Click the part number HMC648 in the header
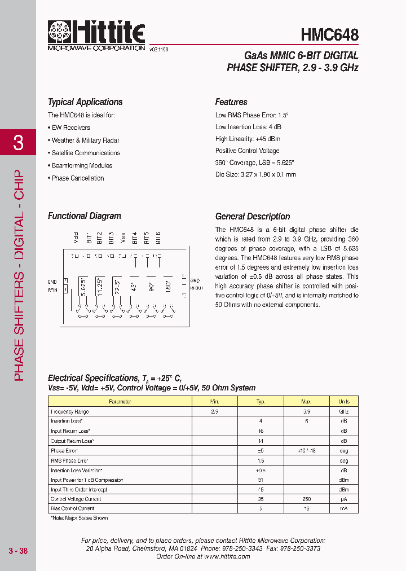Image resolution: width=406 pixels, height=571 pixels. click(x=329, y=34)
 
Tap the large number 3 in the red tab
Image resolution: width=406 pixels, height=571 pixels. click(x=18, y=143)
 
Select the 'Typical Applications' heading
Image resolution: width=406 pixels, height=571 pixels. click(x=85, y=102)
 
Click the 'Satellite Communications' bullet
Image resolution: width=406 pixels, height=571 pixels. click(x=86, y=153)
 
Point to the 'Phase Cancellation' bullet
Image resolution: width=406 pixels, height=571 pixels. click(x=78, y=178)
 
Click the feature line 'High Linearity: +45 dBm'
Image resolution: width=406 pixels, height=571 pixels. click(x=248, y=139)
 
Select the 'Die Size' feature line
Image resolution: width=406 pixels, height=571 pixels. click(x=255, y=174)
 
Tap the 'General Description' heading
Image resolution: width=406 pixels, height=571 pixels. click(x=253, y=217)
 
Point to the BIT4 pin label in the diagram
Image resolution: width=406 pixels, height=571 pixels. click(x=135, y=238)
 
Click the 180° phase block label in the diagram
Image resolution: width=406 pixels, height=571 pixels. click(x=167, y=287)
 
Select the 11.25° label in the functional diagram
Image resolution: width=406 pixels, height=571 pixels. click(x=100, y=287)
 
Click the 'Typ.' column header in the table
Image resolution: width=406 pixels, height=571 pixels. click(x=261, y=402)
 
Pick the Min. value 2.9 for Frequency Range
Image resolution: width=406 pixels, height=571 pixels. click(x=214, y=412)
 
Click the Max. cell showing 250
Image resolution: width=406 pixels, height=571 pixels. click(x=306, y=499)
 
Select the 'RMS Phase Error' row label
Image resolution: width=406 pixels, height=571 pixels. click(x=69, y=461)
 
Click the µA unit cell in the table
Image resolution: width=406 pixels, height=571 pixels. click(x=343, y=499)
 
